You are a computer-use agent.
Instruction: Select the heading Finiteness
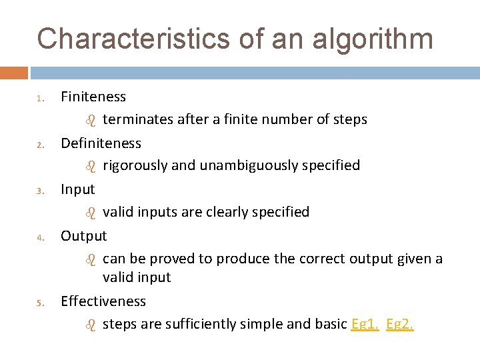coord(93,97)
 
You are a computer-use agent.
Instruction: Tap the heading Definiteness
coord(101,143)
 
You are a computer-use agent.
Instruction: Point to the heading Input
coord(78,189)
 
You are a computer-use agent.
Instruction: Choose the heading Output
coord(83,235)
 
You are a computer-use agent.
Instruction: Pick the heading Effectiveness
coord(103,301)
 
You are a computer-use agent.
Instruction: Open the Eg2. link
coord(400,325)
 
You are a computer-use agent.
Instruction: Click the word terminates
coord(137,119)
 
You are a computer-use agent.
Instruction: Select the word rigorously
coord(135,165)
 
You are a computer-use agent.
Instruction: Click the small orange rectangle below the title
coord(14,73)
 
